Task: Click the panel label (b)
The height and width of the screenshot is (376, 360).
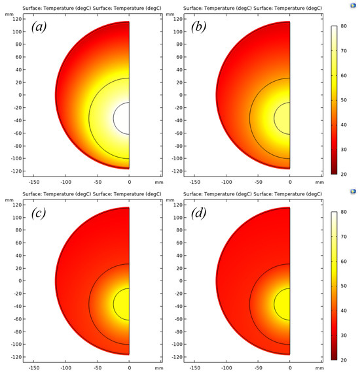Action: click(x=204, y=27)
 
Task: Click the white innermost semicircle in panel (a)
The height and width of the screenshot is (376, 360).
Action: click(x=122, y=118)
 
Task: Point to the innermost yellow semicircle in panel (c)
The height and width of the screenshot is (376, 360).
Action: click(x=122, y=303)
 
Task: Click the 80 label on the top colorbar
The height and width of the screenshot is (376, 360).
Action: click(x=343, y=27)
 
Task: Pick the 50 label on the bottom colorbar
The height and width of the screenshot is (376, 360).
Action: click(x=343, y=286)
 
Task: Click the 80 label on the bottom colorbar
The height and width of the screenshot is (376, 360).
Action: click(x=343, y=213)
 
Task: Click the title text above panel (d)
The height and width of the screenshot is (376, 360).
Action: click(x=253, y=194)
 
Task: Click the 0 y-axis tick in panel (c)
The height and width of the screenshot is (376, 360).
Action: click(x=20, y=281)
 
